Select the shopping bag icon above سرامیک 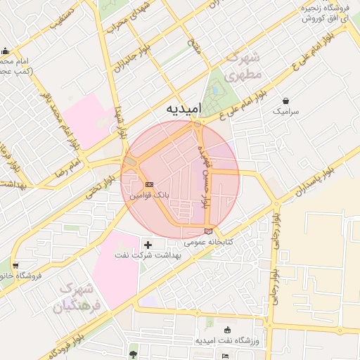285,101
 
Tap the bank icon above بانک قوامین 148,184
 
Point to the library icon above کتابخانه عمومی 207,231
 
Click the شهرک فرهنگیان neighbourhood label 77,297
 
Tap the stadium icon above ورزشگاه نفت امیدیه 226,330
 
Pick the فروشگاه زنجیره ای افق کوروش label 326,13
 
